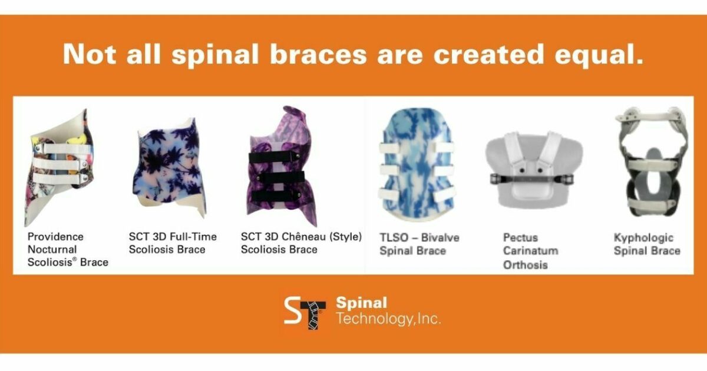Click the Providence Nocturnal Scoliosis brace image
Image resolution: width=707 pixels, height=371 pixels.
[x=59, y=167]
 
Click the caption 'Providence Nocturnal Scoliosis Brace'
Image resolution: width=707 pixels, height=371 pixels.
[x=67, y=250]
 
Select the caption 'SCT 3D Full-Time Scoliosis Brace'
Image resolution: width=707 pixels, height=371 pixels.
[x=173, y=243]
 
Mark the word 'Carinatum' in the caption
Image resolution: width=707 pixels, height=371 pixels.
[x=530, y=251]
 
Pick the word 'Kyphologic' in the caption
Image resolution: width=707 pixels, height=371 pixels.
[x=643, y=238]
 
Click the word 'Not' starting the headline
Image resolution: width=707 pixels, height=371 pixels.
[x=87, y=55]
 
